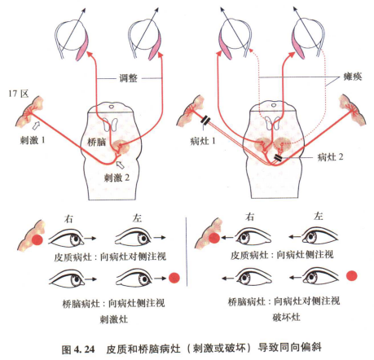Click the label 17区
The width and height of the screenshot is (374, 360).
click(18, 95)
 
